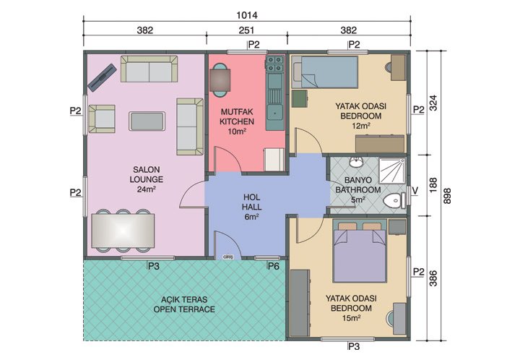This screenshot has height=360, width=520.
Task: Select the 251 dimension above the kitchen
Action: click(x=247, y=30)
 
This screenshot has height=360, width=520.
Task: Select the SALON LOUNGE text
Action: click(x=146, y=179)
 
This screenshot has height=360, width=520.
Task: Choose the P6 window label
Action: click(x=274, y=267)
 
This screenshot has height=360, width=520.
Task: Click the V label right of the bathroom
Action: click(x=415, y=191)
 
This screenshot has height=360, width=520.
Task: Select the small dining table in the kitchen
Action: click(x=221, y=77)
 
